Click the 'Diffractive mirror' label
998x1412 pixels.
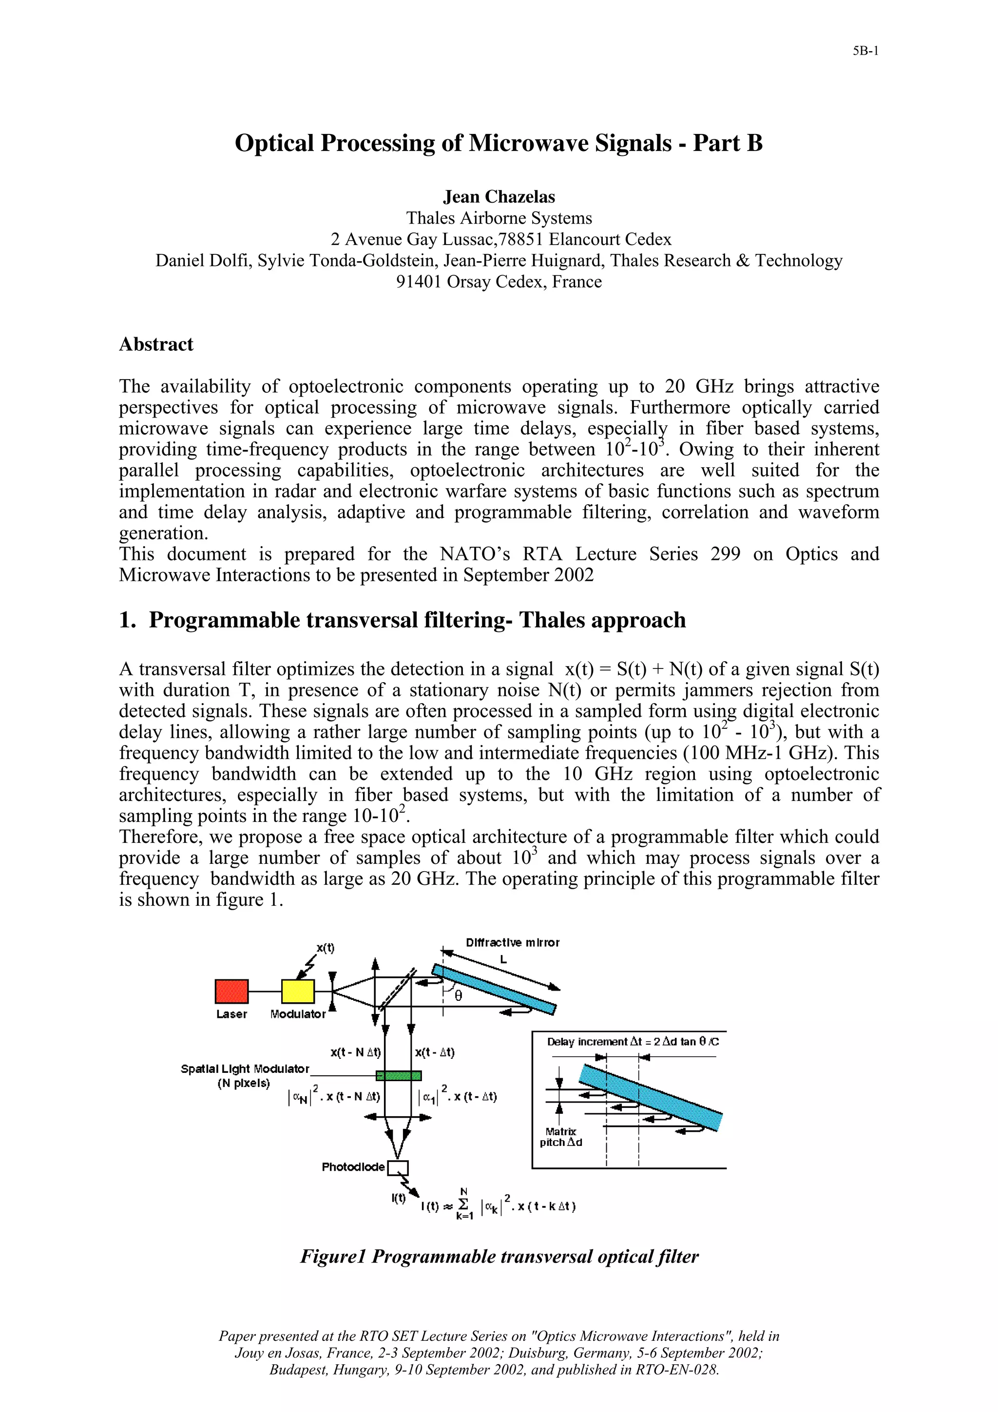point(512,943)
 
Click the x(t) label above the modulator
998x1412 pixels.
point(326,948)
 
